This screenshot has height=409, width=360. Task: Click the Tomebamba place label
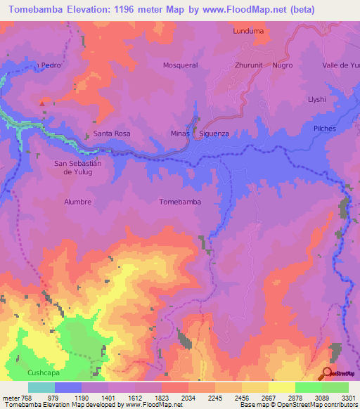[x=180, y=202]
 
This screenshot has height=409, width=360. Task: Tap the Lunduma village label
[x=247, y=31]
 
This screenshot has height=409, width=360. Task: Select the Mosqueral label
[x=180, y=65]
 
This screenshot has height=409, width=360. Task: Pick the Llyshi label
[x=317, y=99]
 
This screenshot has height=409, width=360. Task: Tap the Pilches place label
[x=325, y=129]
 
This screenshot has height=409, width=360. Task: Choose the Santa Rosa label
[x=112, y=133]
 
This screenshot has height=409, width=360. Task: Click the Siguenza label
[x=217, y=133]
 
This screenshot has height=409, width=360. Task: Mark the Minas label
[x=181, y=133]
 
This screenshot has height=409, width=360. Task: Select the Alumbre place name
[x=78, y=202]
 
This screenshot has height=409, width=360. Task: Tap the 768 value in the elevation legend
[x=27, y=397]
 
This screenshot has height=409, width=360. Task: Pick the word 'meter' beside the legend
[x=10, y=397]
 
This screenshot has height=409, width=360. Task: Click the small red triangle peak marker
[x=42, y=104]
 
